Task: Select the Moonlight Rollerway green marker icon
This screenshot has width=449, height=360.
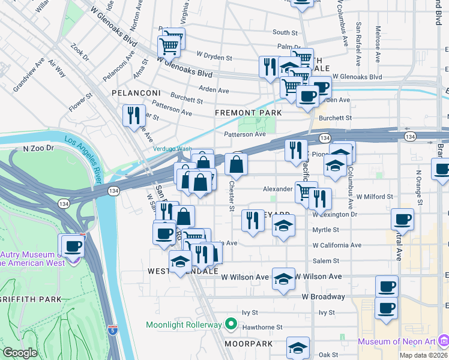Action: coord(231,325)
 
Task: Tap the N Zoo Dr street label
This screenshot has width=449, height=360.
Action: coord(38,148)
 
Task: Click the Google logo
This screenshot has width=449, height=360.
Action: coord(19,353)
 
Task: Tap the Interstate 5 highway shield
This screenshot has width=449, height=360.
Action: coord(113,329)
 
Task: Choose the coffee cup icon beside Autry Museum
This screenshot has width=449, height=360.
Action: coord(73,245)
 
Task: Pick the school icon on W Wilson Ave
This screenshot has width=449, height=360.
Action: coord(283,278)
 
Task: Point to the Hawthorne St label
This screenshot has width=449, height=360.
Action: coord(262,328)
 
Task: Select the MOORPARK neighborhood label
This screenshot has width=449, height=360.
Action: coord(249,344)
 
